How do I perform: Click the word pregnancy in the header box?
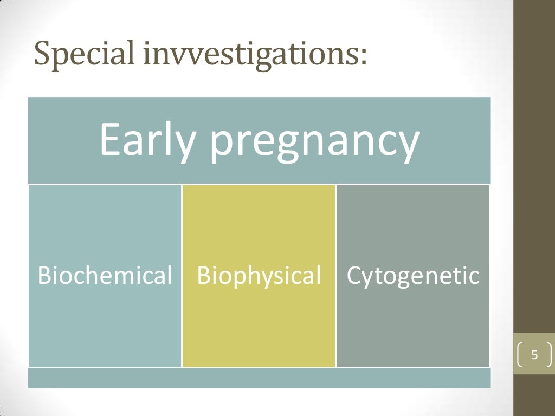coord(315,142)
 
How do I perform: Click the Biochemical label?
coord(105,276)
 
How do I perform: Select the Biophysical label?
coord(259,276)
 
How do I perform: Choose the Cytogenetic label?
coord(413,276)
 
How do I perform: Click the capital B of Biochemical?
coord(43,276)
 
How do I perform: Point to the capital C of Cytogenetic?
coord(353,276)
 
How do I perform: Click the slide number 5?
coord(534,355)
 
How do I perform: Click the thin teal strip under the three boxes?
coord(259,378)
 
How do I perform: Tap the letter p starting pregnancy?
coord(221,145)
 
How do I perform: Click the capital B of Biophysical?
coord(203,276)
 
